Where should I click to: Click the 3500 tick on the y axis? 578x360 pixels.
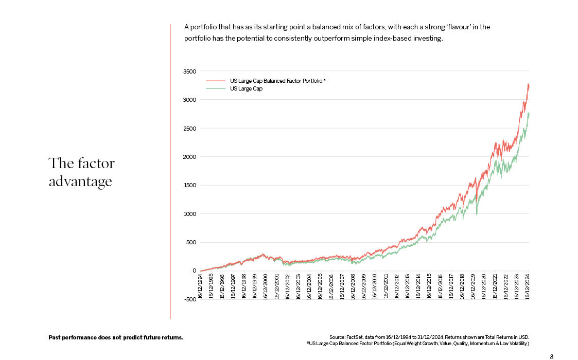coord(190,71)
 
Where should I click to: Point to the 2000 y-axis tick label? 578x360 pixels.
coord(190,157)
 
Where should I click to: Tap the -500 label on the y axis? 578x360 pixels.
coord(189,299)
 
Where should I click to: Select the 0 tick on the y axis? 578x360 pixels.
coord(195,271)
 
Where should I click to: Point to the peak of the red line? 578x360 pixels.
coord(528,84)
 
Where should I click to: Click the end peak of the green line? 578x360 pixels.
coord(529,113)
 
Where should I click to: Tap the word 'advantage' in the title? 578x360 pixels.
coord(80,182)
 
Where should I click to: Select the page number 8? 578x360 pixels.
coord(552,356)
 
